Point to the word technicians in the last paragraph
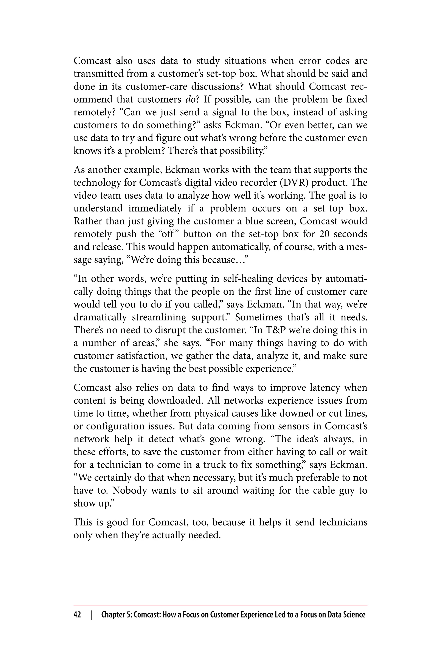(343, 522)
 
